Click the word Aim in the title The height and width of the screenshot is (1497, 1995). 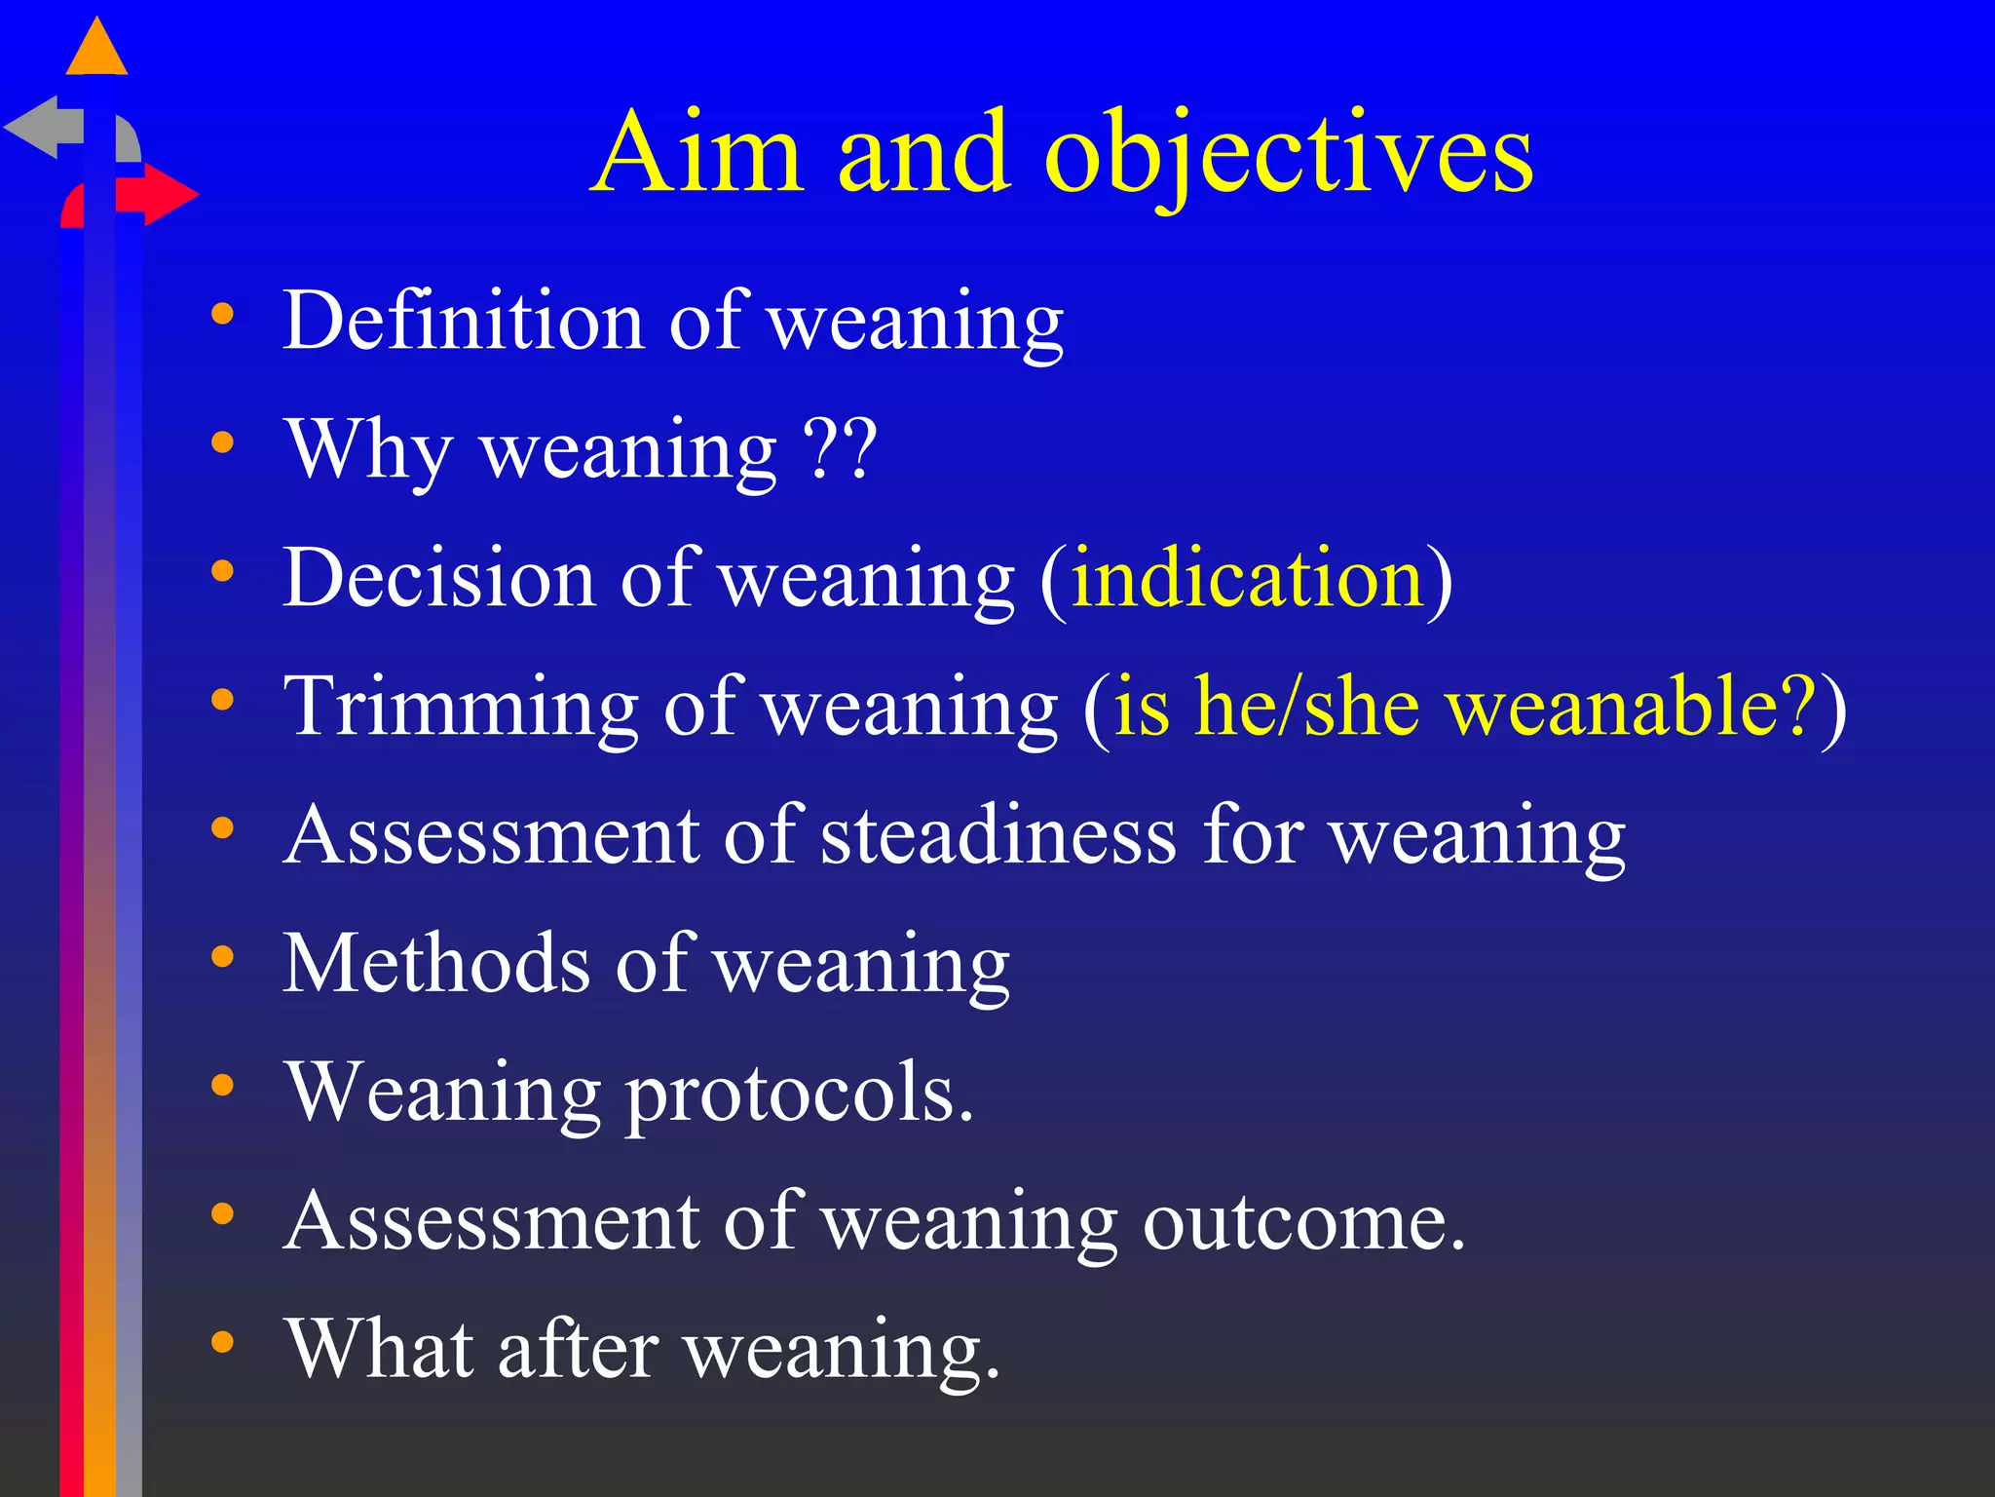pyautogui.click(x=698, y=153)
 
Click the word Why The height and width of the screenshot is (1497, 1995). pyautogui.click(x=369, y=450)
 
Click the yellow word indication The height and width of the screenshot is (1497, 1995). pyautogui.click(x=1248, y=578)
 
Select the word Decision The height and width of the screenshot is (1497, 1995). pyautogui.click(x=439, y=578)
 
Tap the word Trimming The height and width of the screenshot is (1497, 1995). pyautogui.click(x=461, y=708)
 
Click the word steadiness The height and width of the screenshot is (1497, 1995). pyautogui.click(x=998, y=835)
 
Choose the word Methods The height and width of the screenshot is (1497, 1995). pyautogui.click(x=437, y=964)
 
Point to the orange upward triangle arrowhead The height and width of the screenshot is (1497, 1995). pyautogui.click(x=96, y=49)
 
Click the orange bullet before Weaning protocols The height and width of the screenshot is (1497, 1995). pyautogui.click(x=223, y=1085)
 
